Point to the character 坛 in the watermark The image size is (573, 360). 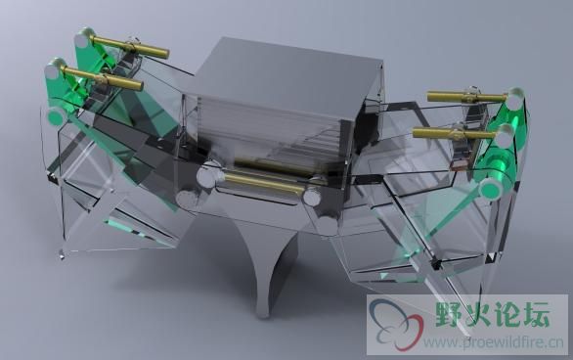[536, 314]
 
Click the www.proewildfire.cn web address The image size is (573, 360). [494, 342]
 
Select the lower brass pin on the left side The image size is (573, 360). [103, 78]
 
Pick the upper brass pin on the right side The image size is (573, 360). [466, 97]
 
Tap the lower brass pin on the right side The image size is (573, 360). [454, 133]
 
